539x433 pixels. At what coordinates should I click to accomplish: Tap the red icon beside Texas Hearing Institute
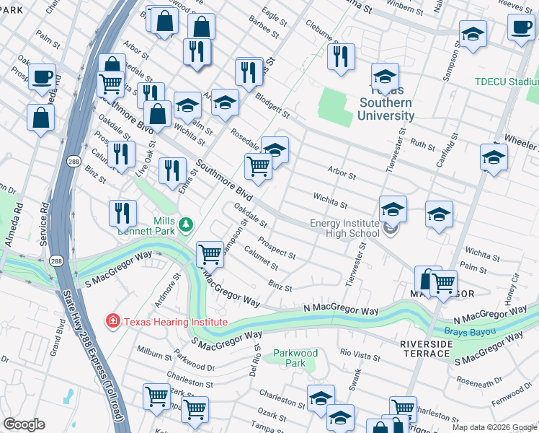[112, 320]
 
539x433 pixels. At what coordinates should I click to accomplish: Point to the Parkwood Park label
[295, 358]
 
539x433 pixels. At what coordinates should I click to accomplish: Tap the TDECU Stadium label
[506, 82]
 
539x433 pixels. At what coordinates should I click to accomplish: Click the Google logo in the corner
[24, 424]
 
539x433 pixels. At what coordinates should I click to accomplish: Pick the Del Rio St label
[256, 362]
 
